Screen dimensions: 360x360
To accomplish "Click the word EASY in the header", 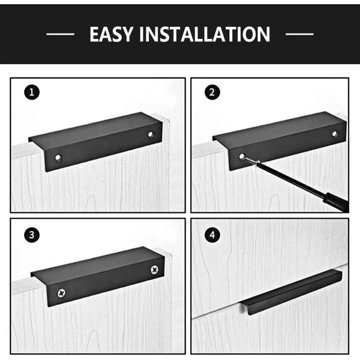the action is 112,34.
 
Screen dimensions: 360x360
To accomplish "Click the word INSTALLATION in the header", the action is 205,34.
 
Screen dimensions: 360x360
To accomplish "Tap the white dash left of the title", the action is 61,34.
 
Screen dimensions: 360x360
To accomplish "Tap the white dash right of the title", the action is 299,34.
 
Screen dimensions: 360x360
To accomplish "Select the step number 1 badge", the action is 32,92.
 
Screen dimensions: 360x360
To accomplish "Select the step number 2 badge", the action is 212,92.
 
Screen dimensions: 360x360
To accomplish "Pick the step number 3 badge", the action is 32,235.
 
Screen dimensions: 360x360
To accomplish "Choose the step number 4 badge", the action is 212,235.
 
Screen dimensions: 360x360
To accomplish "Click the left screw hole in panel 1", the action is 58,158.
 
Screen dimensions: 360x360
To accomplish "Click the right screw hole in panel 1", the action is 151,134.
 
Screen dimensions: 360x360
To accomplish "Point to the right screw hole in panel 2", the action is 335,134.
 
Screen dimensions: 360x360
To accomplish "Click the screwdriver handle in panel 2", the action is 337,202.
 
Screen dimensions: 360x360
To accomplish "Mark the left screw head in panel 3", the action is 61,293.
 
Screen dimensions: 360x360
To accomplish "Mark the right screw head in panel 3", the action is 155,269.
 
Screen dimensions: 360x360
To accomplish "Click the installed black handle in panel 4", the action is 290,293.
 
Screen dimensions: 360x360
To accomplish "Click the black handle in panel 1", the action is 95,142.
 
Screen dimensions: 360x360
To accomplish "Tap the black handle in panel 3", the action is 98,277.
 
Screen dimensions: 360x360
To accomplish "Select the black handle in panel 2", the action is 280,141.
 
